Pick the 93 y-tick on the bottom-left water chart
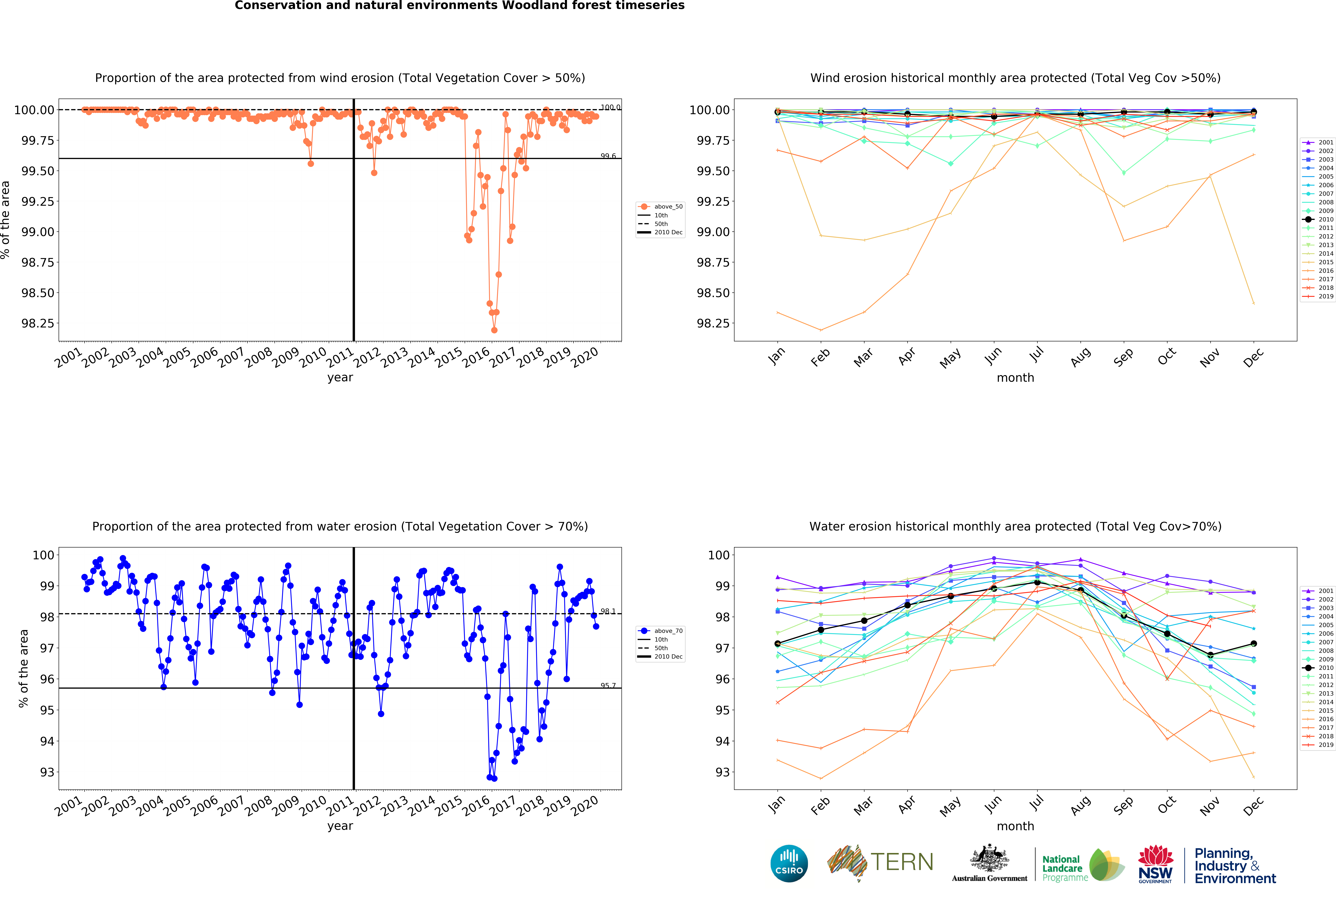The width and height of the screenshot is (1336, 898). coord(47,772)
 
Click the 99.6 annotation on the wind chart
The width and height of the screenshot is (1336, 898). coord(608,156)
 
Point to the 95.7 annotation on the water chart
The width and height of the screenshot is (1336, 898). coord(608,686)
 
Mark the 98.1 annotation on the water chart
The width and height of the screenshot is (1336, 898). coord(608,611)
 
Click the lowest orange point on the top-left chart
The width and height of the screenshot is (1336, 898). coord(494,330)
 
